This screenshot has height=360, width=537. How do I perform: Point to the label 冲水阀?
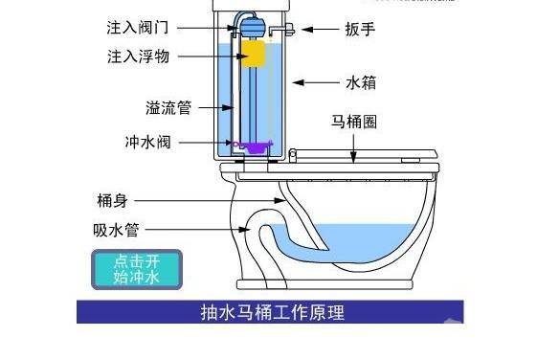pyautogui.click(x=148, y=143)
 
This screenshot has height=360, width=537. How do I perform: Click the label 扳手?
pyautogui.click(x=360, y=30)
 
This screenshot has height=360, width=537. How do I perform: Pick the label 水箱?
pyautogui.click(x=360, y=83)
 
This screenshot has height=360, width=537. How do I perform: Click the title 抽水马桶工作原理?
pyautogui.click(x=271, y=312)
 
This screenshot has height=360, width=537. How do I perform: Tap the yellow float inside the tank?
pyautogui.click(x=254, y=54)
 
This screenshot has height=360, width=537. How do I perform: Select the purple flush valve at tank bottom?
pyautogui.click(x=256, y=147)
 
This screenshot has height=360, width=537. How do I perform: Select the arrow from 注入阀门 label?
pyautogui.click(x=205, y=29)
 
